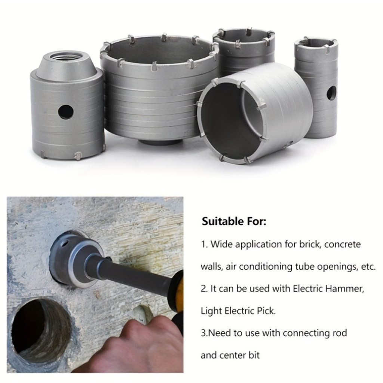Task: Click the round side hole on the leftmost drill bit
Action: (x=66, y=112)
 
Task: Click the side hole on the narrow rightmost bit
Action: (x=331, y=93)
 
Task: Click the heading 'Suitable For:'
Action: (x=234, y=221)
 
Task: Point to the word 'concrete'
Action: (x=343, y=245)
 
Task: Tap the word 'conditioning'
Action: (x=266, y=267)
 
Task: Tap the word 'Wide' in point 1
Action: (x=221, y=244)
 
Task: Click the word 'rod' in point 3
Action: (x=339, y=333)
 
